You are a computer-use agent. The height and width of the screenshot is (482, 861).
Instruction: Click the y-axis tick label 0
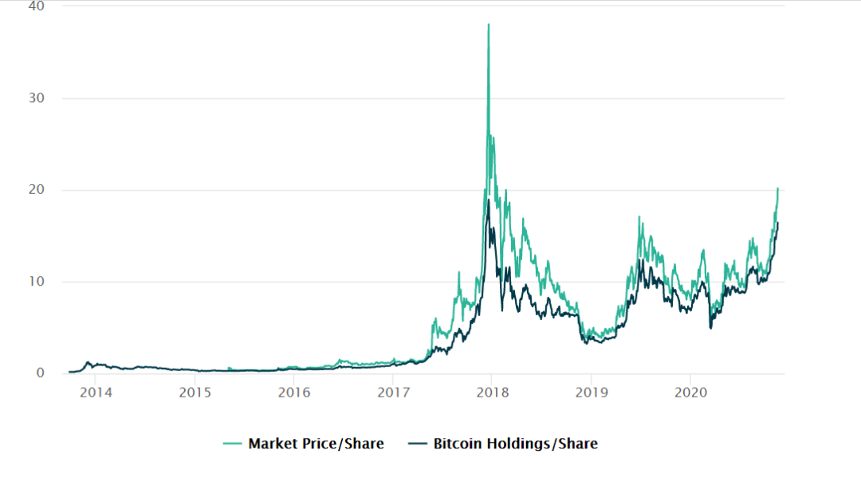tap(41, 373)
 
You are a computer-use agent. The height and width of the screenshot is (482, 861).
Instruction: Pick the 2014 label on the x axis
tap(96, 393)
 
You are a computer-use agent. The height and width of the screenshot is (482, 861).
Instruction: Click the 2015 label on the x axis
tap(195, 393)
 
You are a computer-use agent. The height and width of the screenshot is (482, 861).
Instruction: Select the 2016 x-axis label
tap(294, 393)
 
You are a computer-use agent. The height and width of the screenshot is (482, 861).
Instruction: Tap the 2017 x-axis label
tap(393, 393)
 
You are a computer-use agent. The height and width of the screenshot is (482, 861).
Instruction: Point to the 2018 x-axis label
tap(492, 393)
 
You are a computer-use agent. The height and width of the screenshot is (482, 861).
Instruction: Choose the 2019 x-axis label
tap(592, 393)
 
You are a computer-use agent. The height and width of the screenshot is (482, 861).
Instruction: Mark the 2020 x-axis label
tap(690, 393)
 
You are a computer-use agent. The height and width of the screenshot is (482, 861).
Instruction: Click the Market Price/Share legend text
tap(316, 444)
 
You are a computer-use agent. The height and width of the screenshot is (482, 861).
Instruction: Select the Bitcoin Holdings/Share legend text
tap(515, 444)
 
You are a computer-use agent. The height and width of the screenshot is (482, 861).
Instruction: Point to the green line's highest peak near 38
tap(489, 25)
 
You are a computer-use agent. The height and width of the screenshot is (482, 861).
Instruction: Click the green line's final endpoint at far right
tap(778, 188)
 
